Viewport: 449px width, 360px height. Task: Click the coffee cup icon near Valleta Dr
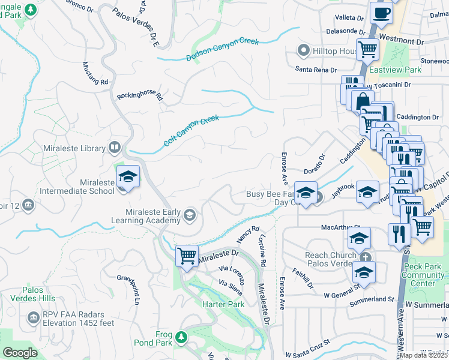point(381,12)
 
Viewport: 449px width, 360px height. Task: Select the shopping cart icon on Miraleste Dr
point(187,256)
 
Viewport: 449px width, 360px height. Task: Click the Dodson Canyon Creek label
point(222,50)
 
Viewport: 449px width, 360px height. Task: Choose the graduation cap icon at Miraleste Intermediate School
point(128,176)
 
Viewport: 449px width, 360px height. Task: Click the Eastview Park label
point(394,70)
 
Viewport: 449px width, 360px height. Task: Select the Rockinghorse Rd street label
point(140,95)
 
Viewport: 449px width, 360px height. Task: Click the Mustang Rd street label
point(94,73)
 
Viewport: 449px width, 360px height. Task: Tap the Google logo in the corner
point(20,353)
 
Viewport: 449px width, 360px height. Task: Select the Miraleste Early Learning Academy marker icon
point(190,215)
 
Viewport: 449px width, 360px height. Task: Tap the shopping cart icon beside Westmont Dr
point(367,49)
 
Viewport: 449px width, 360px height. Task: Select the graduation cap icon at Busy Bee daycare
point(306,193)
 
